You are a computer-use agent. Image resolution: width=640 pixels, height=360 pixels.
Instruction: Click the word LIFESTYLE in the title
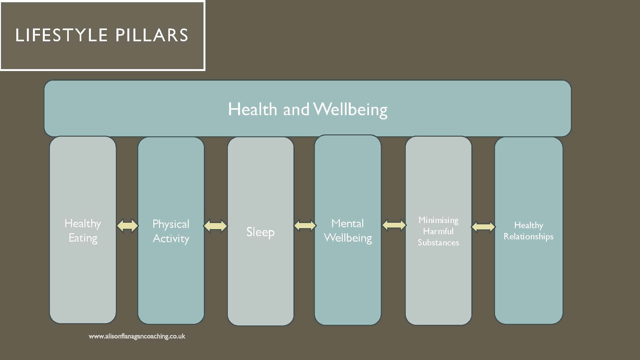[x=61, y=35]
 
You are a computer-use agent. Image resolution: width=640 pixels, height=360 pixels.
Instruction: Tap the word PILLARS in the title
[x=152, y=35]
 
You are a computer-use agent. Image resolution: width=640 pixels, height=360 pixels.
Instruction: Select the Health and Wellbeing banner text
[x=308, y=109]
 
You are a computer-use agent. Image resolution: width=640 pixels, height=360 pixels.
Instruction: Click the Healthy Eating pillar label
[x=83, y=231]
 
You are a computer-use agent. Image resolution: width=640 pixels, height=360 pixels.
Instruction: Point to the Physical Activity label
[x=171, y=231]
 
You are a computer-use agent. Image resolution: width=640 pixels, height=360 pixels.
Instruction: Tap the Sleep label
[x=260, y=232]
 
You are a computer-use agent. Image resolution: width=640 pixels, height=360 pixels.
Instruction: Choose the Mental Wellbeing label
[x=348, y=231]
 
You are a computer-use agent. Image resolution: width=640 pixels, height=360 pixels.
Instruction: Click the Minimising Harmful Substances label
[x=438, y=231]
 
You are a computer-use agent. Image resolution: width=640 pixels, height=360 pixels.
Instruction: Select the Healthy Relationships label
[x=529, y=231]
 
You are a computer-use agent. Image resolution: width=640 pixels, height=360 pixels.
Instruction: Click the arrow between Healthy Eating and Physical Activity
[x=127, y=226]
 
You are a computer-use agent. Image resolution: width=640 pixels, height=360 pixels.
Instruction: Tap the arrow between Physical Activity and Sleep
[x=215, y=226]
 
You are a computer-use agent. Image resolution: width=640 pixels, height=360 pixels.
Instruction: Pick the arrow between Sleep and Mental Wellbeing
[x=305, y=226]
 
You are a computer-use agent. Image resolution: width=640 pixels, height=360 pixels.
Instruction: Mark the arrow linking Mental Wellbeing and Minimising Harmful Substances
[x=394, y=225]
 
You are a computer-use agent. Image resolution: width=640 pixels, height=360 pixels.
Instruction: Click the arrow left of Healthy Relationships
[x=483, y=227]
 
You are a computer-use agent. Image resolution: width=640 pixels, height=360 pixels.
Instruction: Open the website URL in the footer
[x=137, y=336]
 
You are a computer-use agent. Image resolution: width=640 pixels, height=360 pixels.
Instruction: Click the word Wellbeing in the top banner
[x=350, y=109]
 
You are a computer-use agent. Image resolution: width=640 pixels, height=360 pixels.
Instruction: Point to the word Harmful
[x=438, y=231]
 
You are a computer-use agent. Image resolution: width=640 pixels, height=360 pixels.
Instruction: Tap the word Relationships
[x=529, y=236]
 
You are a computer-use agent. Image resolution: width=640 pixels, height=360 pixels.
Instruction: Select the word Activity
[x=171, y=239]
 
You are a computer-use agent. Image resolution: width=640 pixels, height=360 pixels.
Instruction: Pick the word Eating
[x=83, y=238]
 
